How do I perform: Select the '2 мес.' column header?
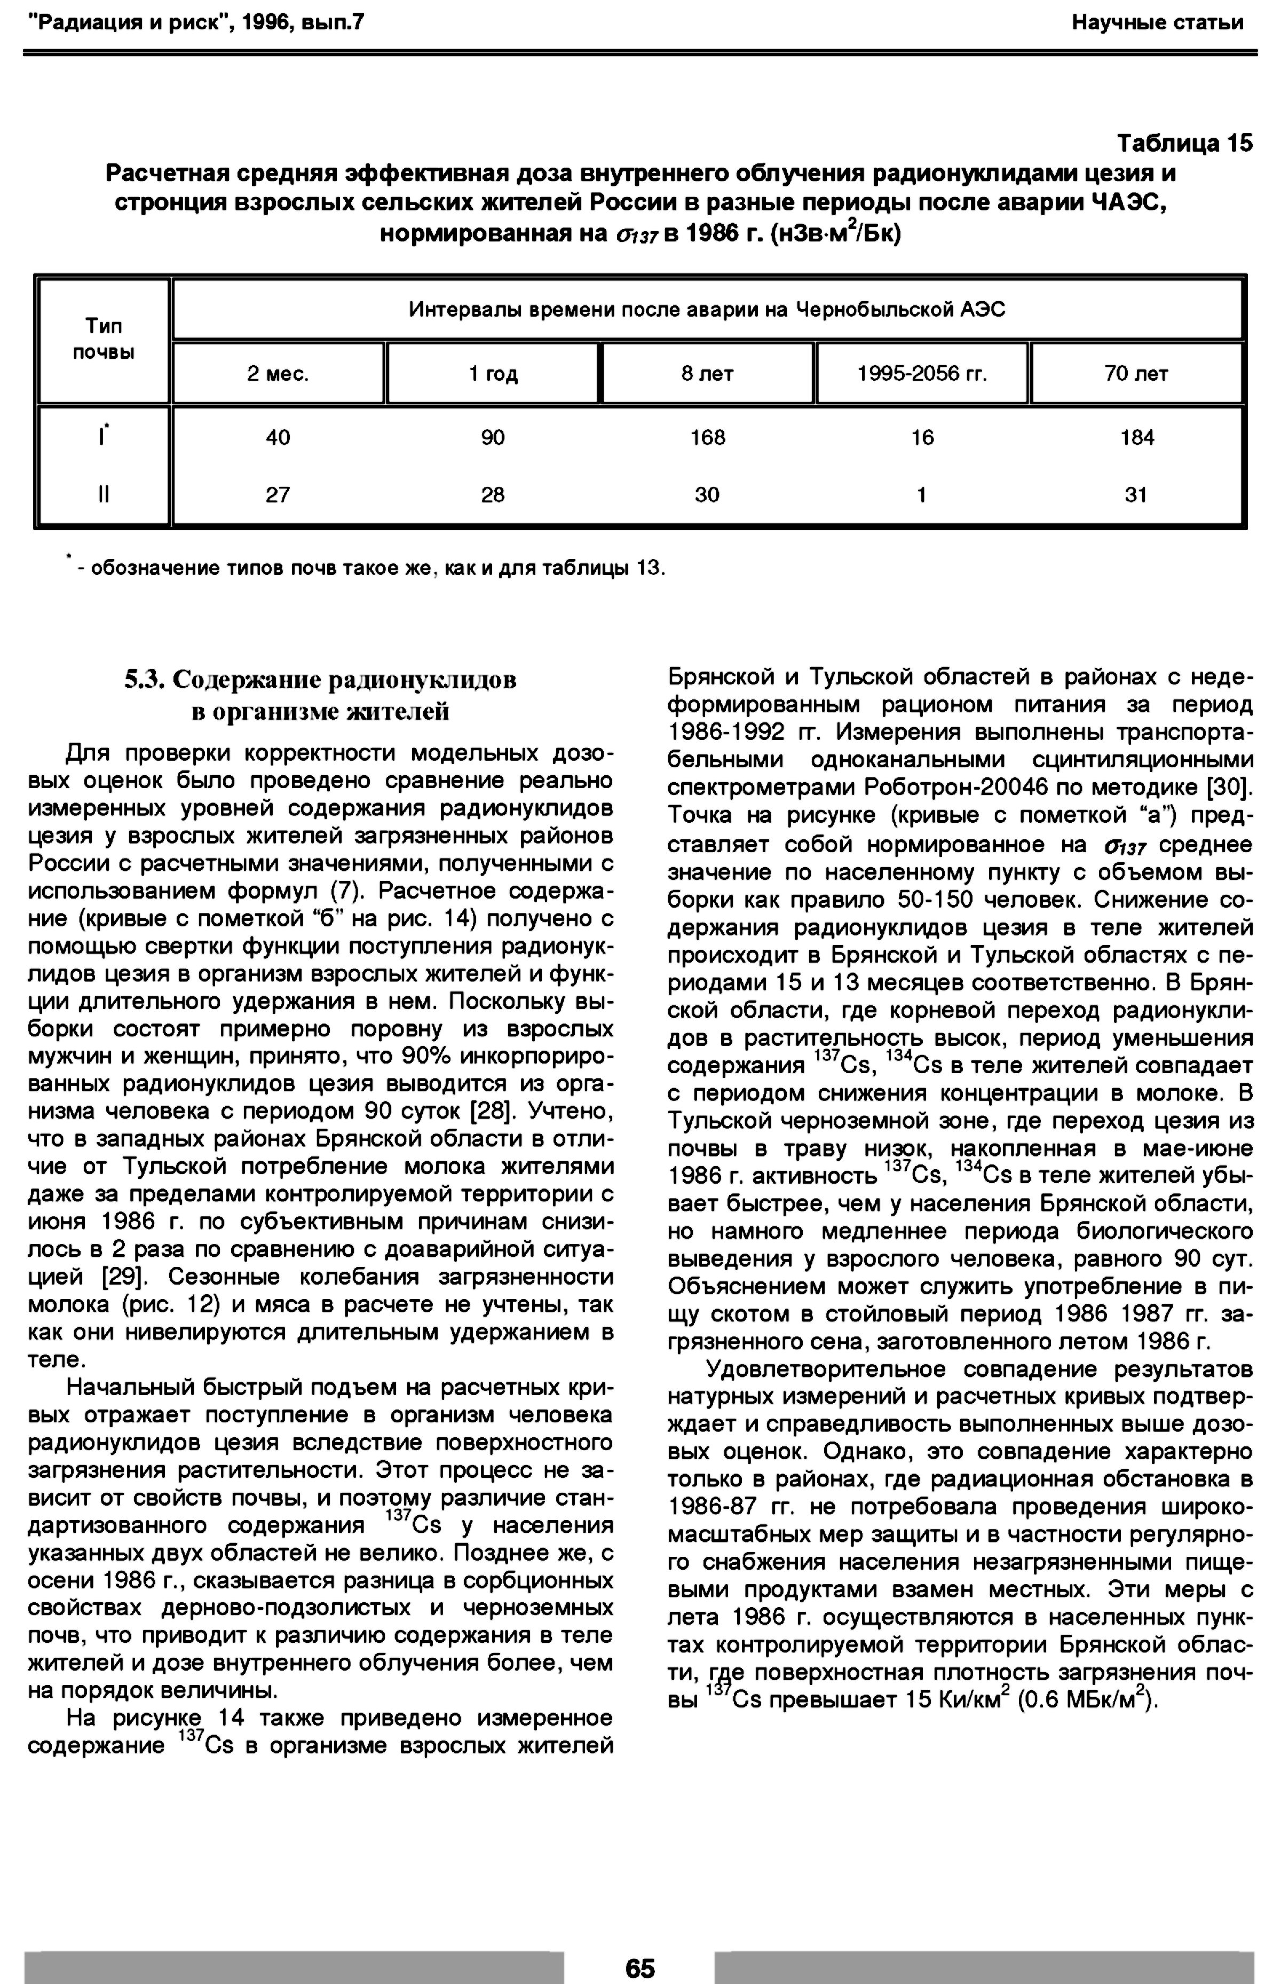click(x=278, y=374)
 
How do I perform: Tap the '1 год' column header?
click(x=493, y=374)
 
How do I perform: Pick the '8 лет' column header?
click(x=707, y=374)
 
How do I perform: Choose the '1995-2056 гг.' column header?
click(x=922, y=374)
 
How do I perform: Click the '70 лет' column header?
click(x=1136, y=374)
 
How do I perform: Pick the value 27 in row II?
click(x=278, y=495)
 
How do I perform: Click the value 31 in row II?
click(x=1136, y=495)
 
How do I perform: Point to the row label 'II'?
click(x=103, y=495)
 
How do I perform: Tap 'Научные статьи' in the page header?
click(x=1157, y=22)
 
